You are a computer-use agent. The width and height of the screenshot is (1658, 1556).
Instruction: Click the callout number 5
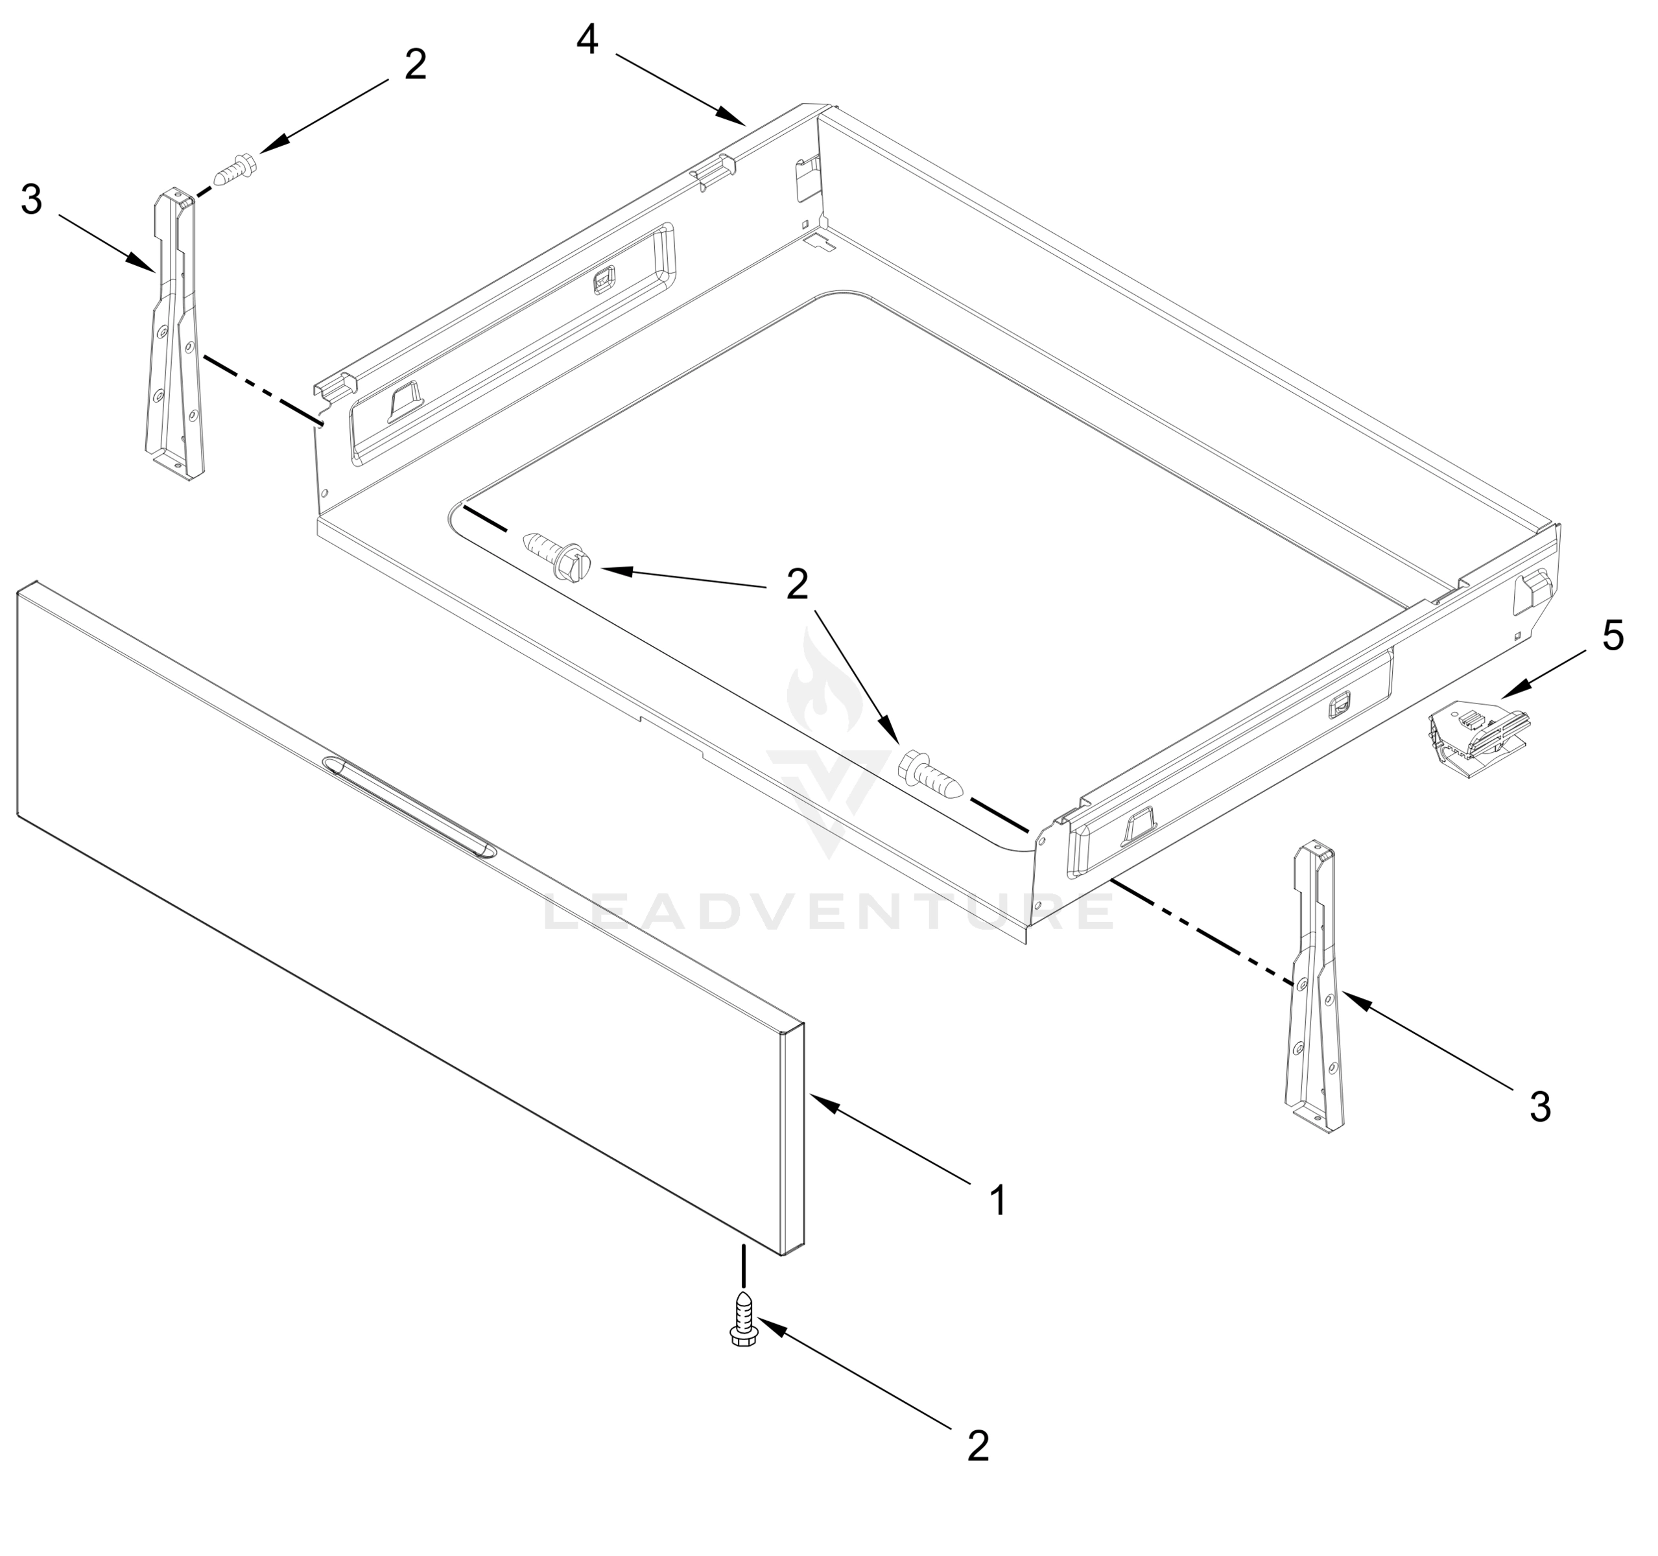point(1612,637)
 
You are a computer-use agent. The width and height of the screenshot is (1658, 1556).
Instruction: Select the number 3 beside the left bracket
point(32,200)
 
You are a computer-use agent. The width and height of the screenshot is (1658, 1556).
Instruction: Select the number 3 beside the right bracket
point(1539,1107)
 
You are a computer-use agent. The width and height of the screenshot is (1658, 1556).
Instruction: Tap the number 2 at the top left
point(416,64)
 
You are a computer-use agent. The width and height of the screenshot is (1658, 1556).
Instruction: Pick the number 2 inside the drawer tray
point(798,585)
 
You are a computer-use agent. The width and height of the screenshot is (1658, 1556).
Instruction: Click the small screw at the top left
point(236,170)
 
